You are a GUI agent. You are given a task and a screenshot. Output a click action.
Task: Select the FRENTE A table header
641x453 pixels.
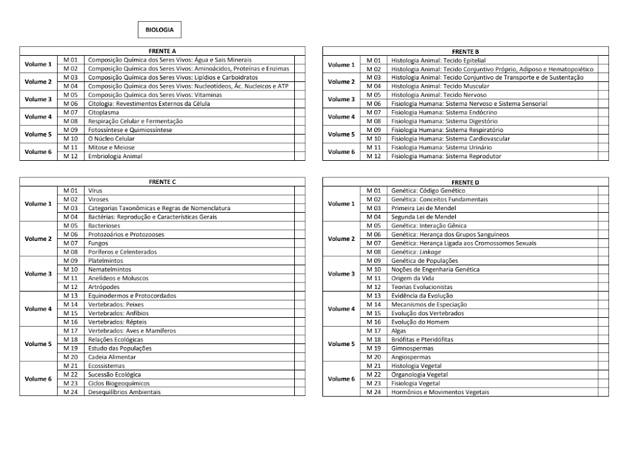pos(163,51)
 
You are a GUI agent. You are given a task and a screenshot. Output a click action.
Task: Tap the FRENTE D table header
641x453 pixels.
pos(465,182)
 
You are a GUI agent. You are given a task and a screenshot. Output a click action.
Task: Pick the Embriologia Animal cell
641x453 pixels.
pos(115,156)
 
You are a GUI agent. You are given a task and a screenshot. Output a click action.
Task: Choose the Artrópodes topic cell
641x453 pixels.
pos(103,287)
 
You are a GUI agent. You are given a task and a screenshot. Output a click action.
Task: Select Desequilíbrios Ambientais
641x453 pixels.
pos(124,392)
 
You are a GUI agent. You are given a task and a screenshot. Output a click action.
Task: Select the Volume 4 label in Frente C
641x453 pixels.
pos(38,309)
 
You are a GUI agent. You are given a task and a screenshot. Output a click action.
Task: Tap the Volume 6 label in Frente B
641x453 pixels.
pos(341,152)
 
